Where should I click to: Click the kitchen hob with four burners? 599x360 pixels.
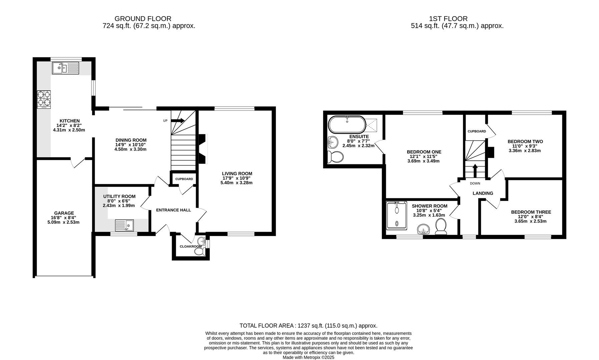point(44,100)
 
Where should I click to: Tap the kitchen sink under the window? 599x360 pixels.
point(65,68)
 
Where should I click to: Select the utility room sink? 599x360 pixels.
point(124,225)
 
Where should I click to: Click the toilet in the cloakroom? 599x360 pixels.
point(200,252)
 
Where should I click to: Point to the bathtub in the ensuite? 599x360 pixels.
point(347,125)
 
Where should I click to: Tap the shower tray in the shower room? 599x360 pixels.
point(397,215)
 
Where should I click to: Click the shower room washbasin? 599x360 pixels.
point(424,229)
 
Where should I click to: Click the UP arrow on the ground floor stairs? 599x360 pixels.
point(178,121)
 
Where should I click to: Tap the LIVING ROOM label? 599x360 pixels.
point(237,174)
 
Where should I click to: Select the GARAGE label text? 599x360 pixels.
point(64,213)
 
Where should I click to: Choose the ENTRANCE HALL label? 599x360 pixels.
point(173,210)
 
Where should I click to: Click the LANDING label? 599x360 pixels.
point(483,193)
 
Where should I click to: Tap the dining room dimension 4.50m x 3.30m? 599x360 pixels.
point(130,149)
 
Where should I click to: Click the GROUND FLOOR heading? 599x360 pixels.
point(143,19)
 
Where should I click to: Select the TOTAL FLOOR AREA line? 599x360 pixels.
point(309,326)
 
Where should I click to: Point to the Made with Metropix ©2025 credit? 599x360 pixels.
point(309,357)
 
